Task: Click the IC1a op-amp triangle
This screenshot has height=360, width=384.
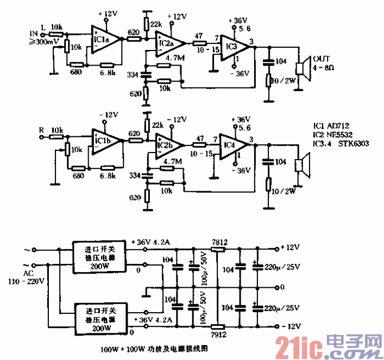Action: pos(105,40)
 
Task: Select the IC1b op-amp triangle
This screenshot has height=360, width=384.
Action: pos(104,142)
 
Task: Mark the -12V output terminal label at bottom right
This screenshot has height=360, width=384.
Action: pos(291,326)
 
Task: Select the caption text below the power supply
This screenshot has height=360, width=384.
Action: pos(155,350)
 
